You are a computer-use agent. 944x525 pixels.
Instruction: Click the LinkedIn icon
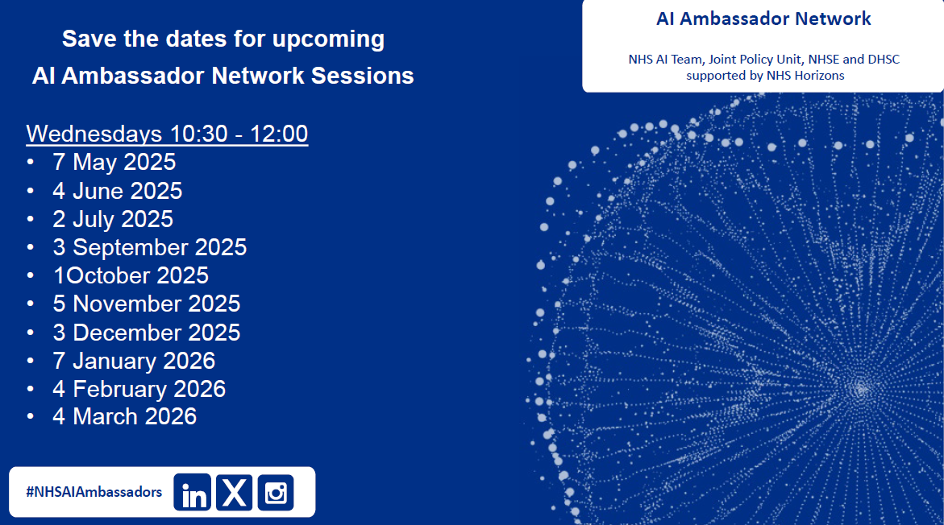point(193,492)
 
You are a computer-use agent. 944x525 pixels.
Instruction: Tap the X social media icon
point(235,492)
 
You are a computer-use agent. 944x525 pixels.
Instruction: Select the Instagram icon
point(276,492)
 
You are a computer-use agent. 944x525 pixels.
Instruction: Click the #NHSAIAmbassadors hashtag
point(94,492)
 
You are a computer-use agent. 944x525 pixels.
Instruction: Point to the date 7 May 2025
point(114,163)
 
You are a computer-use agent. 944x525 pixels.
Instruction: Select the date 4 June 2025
point(118,191)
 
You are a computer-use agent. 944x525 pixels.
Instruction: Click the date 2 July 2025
point(113,219)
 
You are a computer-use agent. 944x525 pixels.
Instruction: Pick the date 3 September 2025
point(149,247)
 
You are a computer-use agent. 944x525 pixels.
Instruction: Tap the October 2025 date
point(131,275)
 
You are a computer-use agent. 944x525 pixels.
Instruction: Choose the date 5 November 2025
point(146,304)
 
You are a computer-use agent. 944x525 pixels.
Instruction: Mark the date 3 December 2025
point(146,333)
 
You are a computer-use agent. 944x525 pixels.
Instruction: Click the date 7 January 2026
point(134,361)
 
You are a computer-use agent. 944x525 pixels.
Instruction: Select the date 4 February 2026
point(139,389)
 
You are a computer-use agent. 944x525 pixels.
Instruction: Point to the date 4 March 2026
point(125,417)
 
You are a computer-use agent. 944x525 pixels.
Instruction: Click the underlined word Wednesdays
point(94,134)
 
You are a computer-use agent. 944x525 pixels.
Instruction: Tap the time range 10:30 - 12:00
point(239,134)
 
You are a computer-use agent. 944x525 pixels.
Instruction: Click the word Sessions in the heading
point(363,76)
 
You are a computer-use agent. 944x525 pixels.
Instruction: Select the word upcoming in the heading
point(329,39)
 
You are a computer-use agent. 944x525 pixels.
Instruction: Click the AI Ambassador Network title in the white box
point(763,19)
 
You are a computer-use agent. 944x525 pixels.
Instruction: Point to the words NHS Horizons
point(805,76)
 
